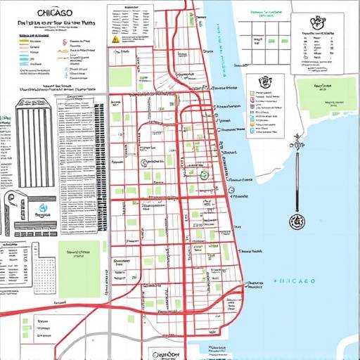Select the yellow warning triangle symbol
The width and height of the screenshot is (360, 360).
pos(115,40)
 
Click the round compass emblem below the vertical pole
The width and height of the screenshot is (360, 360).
pos(297,221)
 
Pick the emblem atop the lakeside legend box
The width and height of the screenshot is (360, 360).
pos(265,82)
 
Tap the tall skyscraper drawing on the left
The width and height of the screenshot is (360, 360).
pos(35,144)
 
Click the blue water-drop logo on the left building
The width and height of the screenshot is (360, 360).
pos(43,209)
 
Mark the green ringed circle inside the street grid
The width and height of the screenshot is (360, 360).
pos(204,174)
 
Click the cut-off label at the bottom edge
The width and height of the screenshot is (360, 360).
pos(167,355)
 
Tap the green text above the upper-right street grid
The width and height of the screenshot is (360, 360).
pos(266,13)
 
